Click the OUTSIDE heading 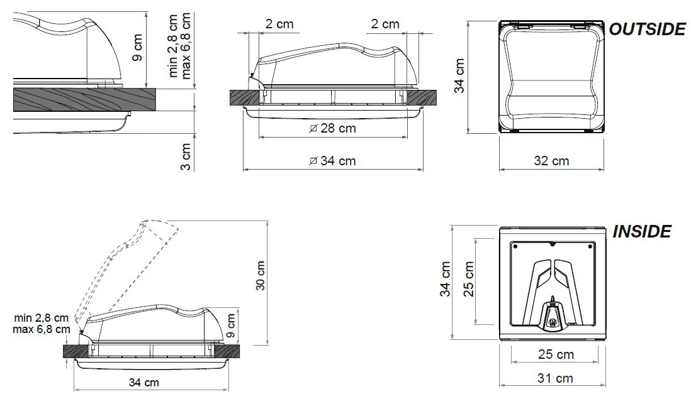click(646, 29)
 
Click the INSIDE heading click(641, 231)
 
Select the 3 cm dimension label click(186, 157)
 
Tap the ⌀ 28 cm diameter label click(333, 128)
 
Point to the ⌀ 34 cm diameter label click(333, 161)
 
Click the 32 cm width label click(551, 161)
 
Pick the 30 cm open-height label click(260, 275)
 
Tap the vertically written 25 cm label click(468, 280)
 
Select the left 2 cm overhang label click(279, 25)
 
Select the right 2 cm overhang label click(385, 25)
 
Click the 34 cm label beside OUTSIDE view click(460, 75)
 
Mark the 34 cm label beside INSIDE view click(446, 280)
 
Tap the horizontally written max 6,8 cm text click(41, 329)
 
